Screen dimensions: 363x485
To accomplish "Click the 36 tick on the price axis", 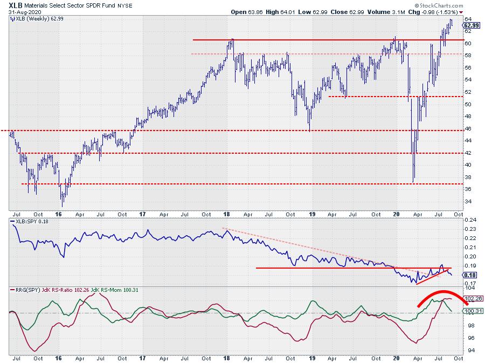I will click(468, 189).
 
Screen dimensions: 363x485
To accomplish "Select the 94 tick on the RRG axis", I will click(468, 351).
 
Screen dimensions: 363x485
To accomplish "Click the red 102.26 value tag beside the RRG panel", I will click(470, 298).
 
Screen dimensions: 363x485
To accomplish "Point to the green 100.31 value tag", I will click(470, 311).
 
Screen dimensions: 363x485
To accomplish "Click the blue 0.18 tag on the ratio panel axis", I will click(469, 275).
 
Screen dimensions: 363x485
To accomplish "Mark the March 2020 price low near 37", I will click(413, 181).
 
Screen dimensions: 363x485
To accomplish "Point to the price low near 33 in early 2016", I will click(63, 206).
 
